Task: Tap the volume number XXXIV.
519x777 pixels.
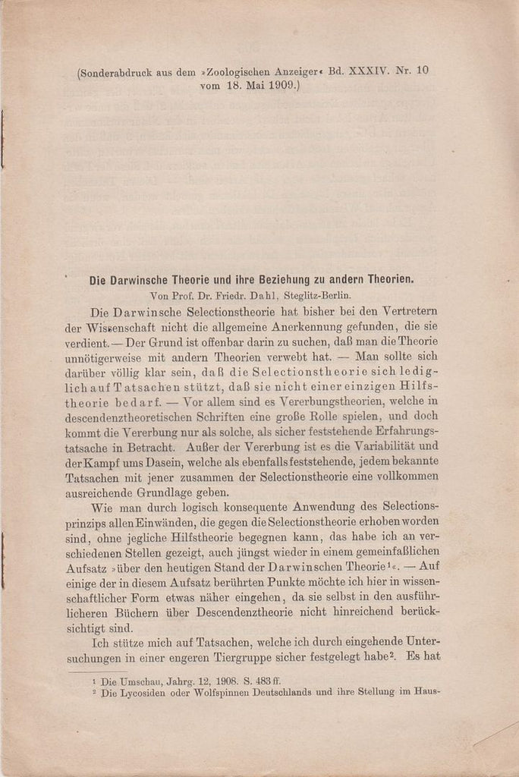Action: coord(370,71)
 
